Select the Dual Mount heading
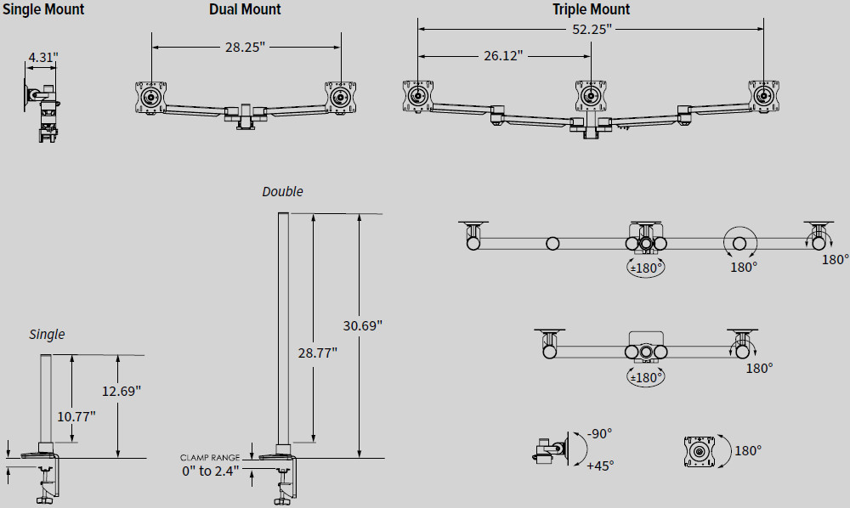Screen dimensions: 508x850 (x=245, y=9)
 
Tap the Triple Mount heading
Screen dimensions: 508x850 (x=591, y=9)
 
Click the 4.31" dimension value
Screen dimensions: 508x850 (x=42, y=58)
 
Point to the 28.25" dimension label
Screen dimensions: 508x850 (x=246, y=48)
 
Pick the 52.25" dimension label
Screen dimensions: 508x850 (x=591, y=30)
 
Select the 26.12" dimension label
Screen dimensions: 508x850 (x=502, y=55)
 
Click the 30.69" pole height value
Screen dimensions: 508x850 (x=363, y=325)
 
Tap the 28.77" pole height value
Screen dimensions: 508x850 (x=317, y=352)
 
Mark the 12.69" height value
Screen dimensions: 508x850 (x=121, y=391)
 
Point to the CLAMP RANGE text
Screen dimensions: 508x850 (x=210, y=457)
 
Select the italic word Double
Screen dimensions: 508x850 (x=282, y=191)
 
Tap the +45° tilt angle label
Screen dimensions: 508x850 (x=599, y=465)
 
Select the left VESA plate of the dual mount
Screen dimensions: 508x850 (x=151, y=96)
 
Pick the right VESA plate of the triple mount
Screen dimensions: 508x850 (x=762, y=95)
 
